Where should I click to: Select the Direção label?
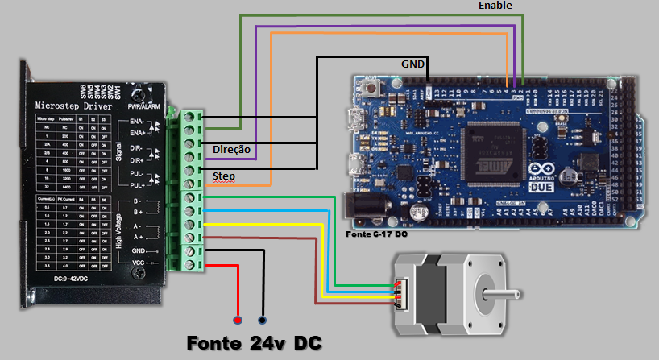click(x=232, y=150)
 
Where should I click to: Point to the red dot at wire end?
click(x=238, y=318)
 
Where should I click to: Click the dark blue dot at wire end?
click(x=263, y=318)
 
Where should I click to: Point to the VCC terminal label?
click(x=139, y=263)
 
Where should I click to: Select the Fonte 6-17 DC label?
click(x=376, y=234)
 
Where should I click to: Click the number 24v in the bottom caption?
click(x=267, y=342)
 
